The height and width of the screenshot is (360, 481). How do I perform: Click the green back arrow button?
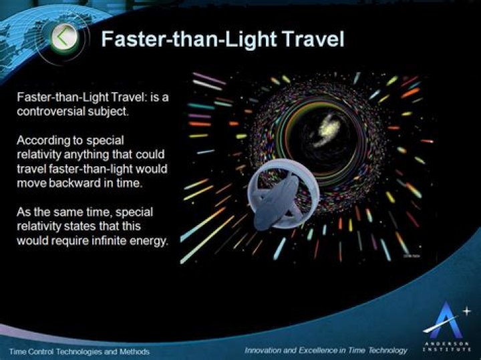pos(64,38)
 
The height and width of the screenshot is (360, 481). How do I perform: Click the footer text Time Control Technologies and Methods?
pos(79,351)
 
